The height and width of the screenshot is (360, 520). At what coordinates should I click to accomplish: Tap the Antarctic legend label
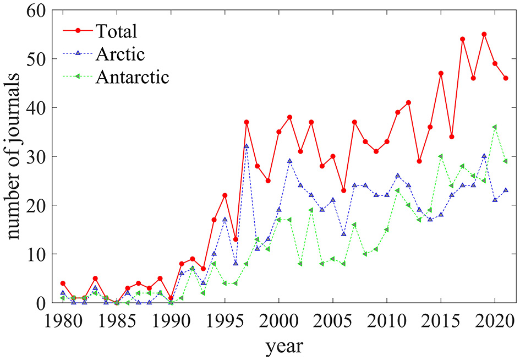click(x=133, y=77)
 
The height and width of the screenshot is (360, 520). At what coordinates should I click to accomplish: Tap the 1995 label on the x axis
click(x=225, y=321)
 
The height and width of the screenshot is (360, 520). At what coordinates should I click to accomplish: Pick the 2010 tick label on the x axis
click(x=387, y=321)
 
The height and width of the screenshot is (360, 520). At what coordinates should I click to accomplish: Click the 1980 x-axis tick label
click(x=63, y=321)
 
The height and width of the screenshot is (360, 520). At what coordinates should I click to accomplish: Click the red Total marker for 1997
click(x=247, y=122)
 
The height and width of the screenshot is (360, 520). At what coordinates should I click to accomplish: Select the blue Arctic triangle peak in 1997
click(x=247, y=146)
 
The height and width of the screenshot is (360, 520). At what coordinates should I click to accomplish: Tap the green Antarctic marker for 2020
click(x=495, y=127)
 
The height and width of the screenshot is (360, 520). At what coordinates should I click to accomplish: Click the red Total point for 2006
click(x=343, y=190)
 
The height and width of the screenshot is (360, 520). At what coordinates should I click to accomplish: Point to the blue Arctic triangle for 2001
click(x=289, y=161)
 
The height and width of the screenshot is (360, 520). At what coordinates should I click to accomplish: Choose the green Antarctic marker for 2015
click(x=441, y=156)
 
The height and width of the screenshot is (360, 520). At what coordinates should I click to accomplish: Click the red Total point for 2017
click(x=462, y=39)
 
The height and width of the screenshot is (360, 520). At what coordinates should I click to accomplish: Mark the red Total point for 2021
click(x=506, y=78)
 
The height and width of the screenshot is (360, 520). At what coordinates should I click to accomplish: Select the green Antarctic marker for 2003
click(x=311, y=210)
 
